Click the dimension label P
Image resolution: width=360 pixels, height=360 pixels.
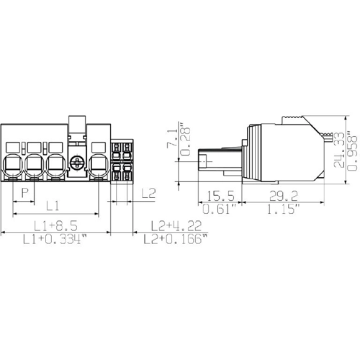click(24, 193)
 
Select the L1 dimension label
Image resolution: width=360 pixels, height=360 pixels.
click(53, 206)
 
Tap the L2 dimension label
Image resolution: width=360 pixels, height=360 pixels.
click(148, 193)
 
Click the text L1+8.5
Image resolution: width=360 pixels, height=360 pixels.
click(55, 226)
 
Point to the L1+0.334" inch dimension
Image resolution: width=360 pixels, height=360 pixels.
click(55, 239)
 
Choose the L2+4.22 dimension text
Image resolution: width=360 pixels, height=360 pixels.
click(176, 226)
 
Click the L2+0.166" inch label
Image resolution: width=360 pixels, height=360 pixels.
click(175, 239)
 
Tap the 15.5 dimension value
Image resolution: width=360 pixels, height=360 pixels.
click(220, 196)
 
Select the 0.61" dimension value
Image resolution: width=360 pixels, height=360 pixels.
click(220, 209)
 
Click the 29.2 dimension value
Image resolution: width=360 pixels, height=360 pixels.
click(284, 196)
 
